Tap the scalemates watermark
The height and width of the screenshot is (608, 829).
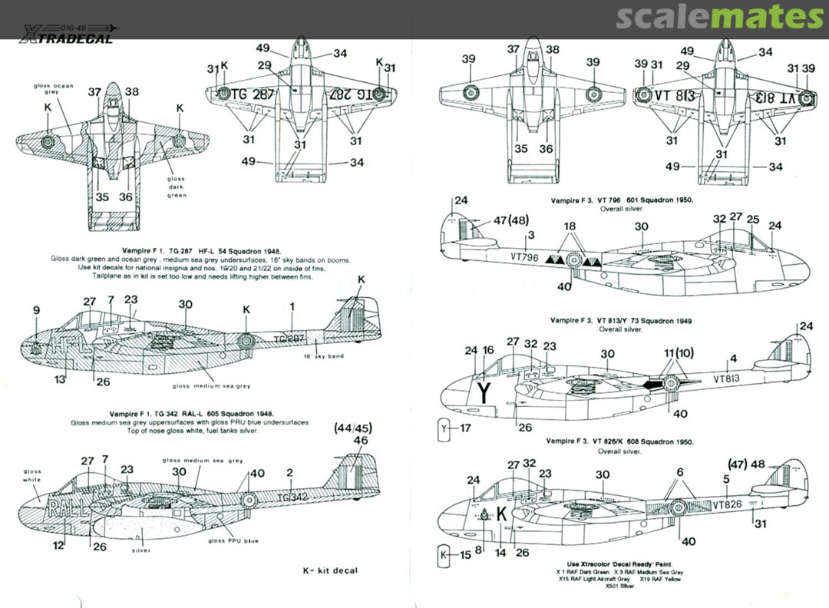[719, 17]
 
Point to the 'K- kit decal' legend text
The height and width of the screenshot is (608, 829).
[330, 570]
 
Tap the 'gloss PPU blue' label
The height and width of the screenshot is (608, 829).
[233, 540]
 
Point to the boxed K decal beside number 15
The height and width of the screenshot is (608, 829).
[446, 553]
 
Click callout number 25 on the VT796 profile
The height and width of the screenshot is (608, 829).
[753, 219]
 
